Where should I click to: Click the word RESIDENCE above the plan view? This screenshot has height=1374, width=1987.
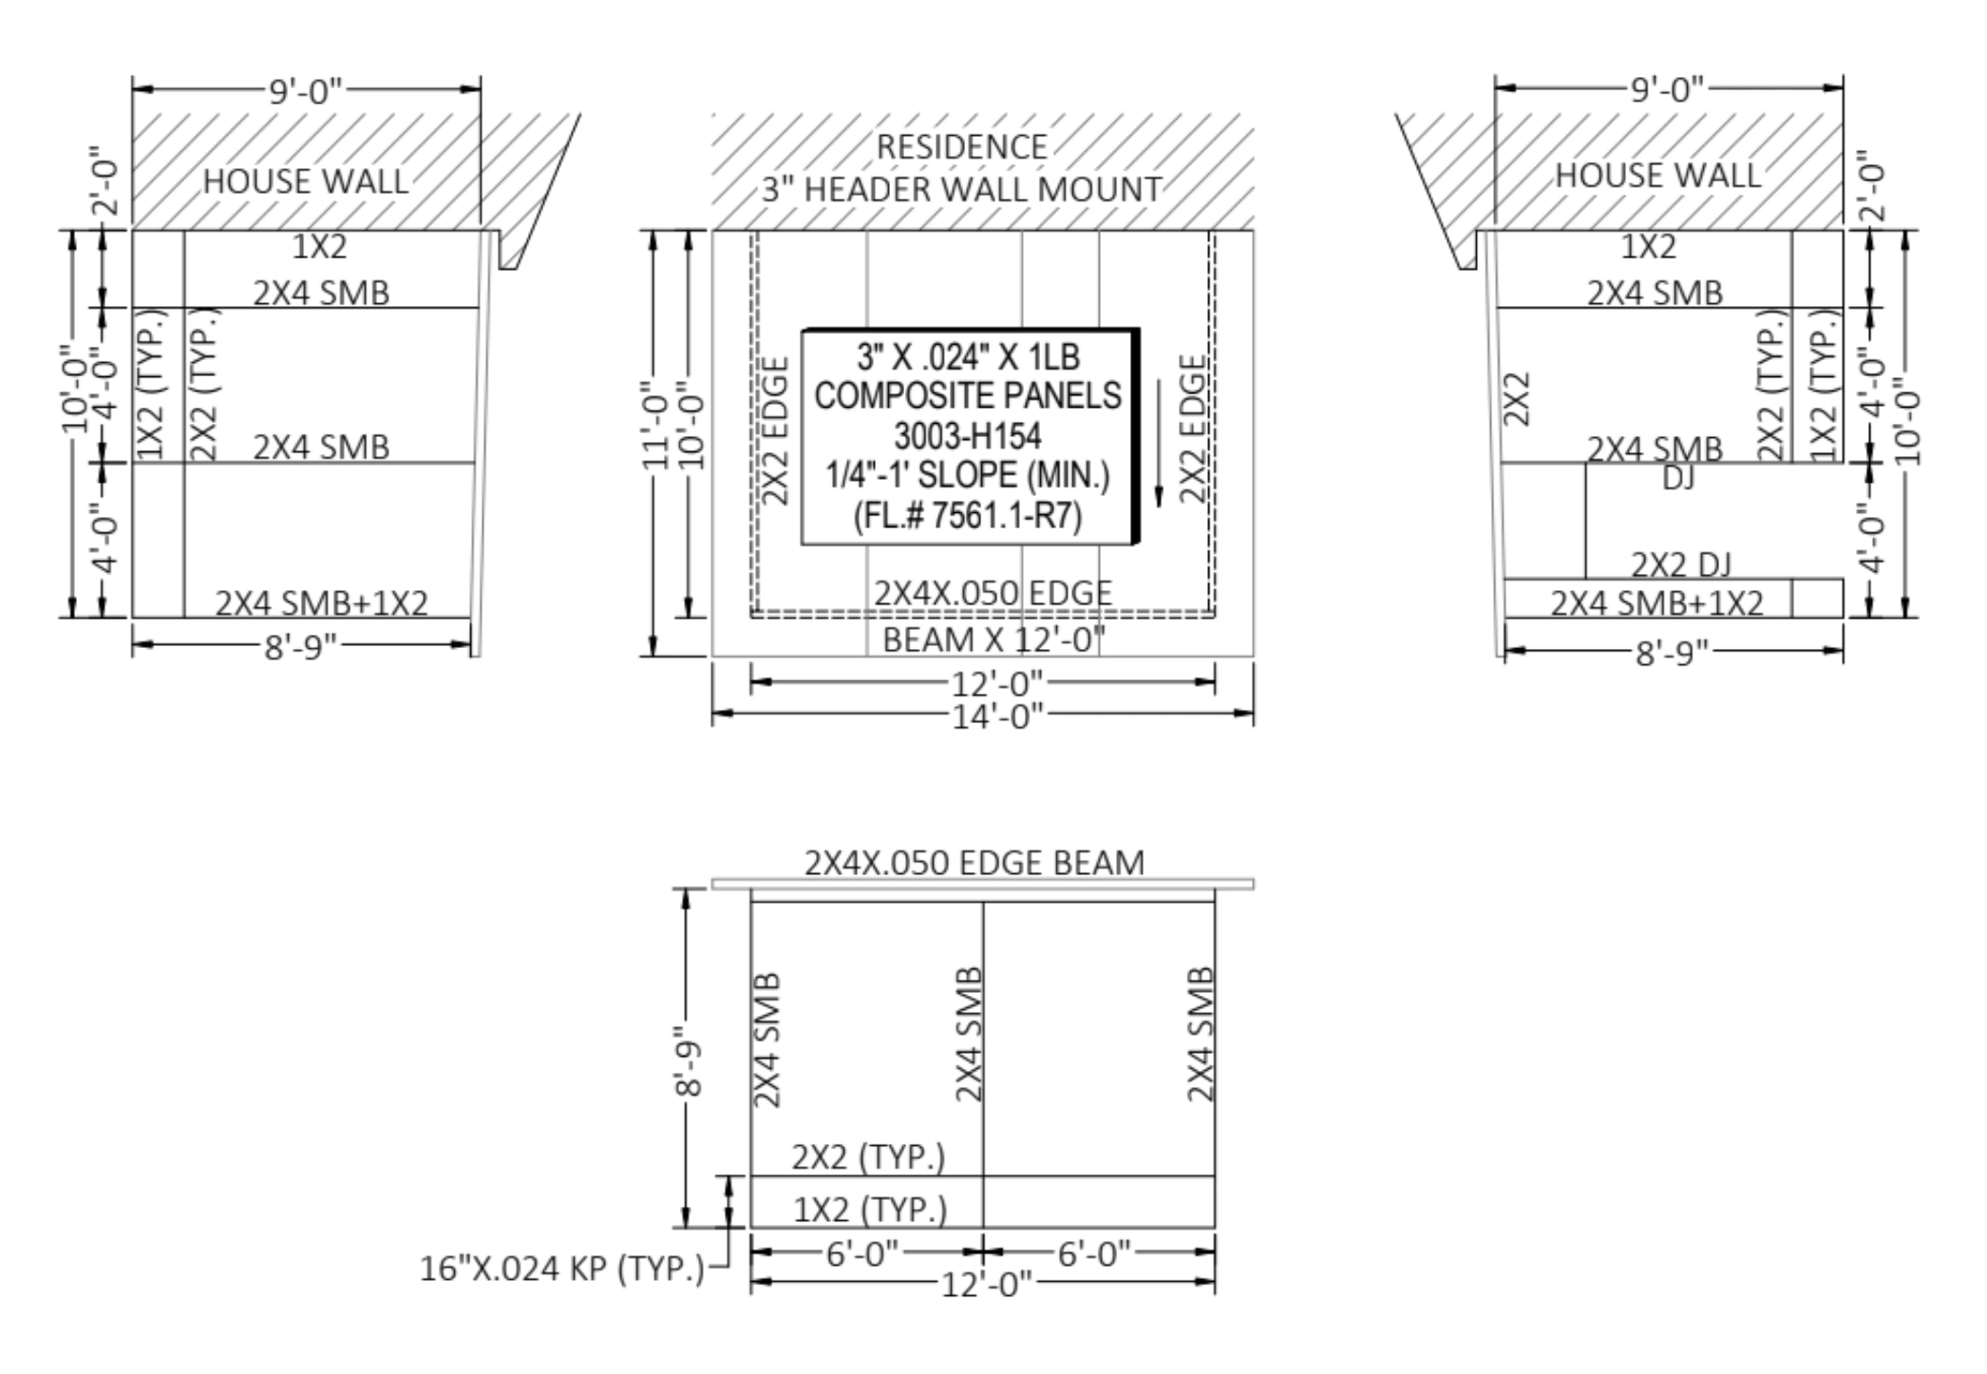point(961,147)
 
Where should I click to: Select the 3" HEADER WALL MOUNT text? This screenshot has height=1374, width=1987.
point(961,190)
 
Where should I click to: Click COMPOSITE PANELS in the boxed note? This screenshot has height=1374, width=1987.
point(968,395)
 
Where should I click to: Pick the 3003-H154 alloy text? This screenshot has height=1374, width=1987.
point(968,436)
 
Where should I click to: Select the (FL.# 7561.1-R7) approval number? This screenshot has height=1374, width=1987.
point(968,516)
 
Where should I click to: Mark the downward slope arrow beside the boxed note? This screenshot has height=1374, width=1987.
point(1159,444)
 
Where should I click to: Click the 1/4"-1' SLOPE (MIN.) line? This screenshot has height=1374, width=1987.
point(968,475)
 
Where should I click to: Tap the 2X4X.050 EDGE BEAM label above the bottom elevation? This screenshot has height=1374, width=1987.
point(975,863)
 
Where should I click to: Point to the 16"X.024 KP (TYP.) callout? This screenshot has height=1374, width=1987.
point(562,1269)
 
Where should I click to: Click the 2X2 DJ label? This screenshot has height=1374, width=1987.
point(1681,564)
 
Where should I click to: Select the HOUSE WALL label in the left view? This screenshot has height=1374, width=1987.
point(306,181)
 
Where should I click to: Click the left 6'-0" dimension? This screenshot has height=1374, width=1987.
point(862,1254)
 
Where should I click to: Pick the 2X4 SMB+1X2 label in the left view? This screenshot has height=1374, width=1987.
point(322,602)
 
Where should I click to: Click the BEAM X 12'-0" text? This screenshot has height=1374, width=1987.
point(993,639)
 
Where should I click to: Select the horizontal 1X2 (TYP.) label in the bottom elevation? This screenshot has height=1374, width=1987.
point(870,1210)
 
